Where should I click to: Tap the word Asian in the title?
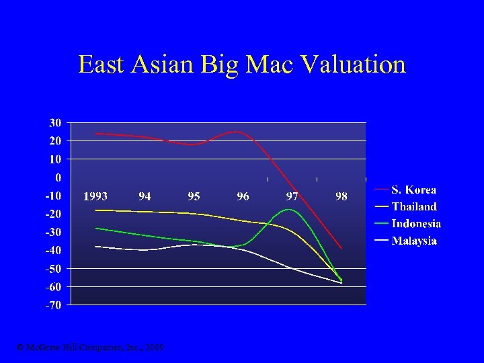161,65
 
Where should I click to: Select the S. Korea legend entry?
413,190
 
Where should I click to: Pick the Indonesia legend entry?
416,223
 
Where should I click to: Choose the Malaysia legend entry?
414,240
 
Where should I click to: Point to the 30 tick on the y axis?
54,122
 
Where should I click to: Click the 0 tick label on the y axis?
58,177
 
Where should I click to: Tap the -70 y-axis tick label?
52,305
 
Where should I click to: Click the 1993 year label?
95,196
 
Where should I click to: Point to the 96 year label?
243,196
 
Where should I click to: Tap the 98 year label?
341,196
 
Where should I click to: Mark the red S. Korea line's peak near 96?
236,131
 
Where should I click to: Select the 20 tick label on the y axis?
54,140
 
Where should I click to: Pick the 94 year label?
145,196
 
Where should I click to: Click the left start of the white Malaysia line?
96,246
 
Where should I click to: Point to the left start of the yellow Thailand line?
96,210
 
